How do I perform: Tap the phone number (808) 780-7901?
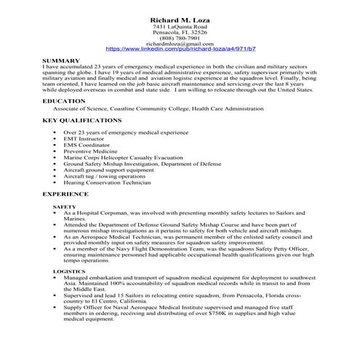(180, 38)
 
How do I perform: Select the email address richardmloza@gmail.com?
(180, 44)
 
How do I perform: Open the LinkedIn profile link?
(180, 49)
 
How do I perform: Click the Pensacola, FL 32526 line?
(180, 32)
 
